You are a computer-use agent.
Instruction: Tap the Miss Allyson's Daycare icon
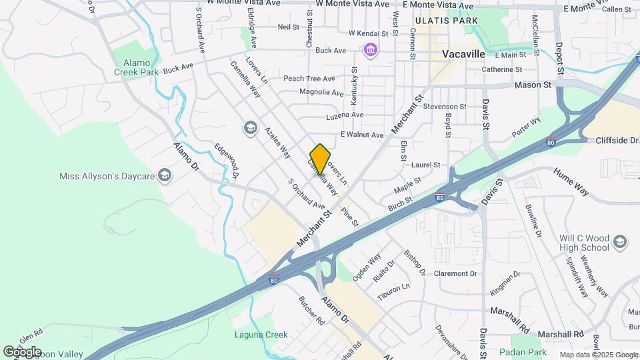pyautogui.click(x=165, y=175)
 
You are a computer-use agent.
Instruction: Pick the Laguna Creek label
pyautogui.click(x=260, y=335)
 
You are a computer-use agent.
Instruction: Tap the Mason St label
pyautogui.click(x=533, y=85)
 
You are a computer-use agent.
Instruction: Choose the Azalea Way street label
pyautogui.click(x=277, y=143)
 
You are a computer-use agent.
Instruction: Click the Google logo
pyautogui.click(x=22, y=351)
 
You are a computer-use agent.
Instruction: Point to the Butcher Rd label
pyautogui.click(x=311, y=311)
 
